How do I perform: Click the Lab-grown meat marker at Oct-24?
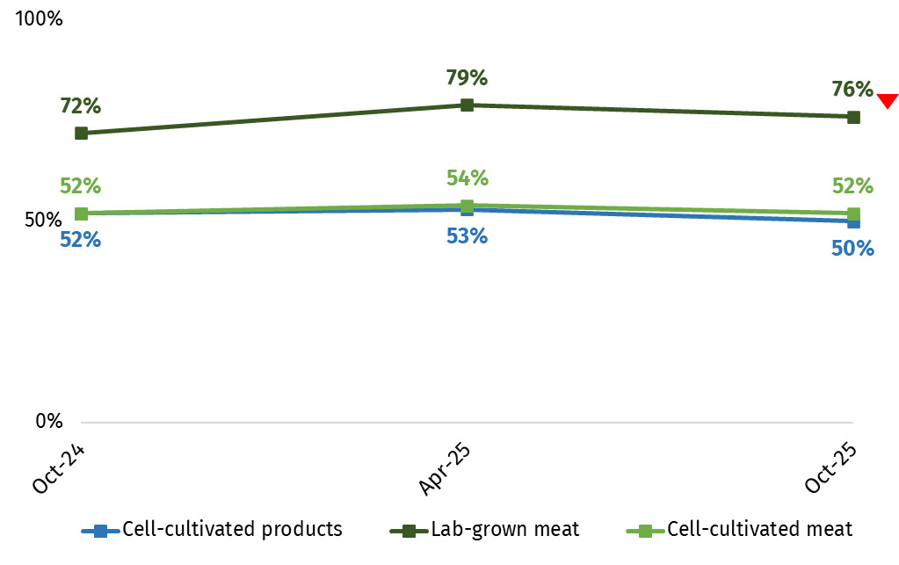point(81,134)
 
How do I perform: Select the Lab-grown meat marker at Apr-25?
point(467,105)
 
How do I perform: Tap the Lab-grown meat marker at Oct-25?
point(852,117)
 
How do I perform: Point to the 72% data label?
point(81,107)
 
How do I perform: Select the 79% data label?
point(467,78)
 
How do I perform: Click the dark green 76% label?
point(852,90)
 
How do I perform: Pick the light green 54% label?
point(467,178)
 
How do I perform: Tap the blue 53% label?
point(467,236)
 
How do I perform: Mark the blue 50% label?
point(852,249)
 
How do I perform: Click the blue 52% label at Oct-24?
point(81,239)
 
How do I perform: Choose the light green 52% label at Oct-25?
point(852,186)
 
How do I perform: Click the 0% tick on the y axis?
point(48,422)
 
